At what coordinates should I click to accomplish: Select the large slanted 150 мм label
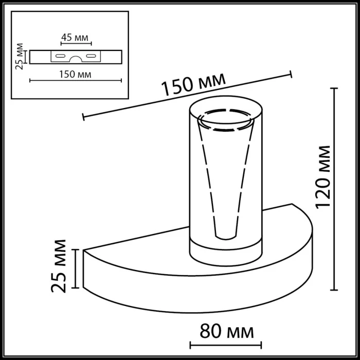tap(194, 85)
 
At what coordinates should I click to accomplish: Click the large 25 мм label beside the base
tap(60, 266)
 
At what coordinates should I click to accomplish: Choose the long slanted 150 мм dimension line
tap(186, 96)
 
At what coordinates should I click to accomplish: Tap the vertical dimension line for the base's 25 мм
tap(76, 268)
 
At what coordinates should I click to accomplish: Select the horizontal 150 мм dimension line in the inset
tap(76, 80)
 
